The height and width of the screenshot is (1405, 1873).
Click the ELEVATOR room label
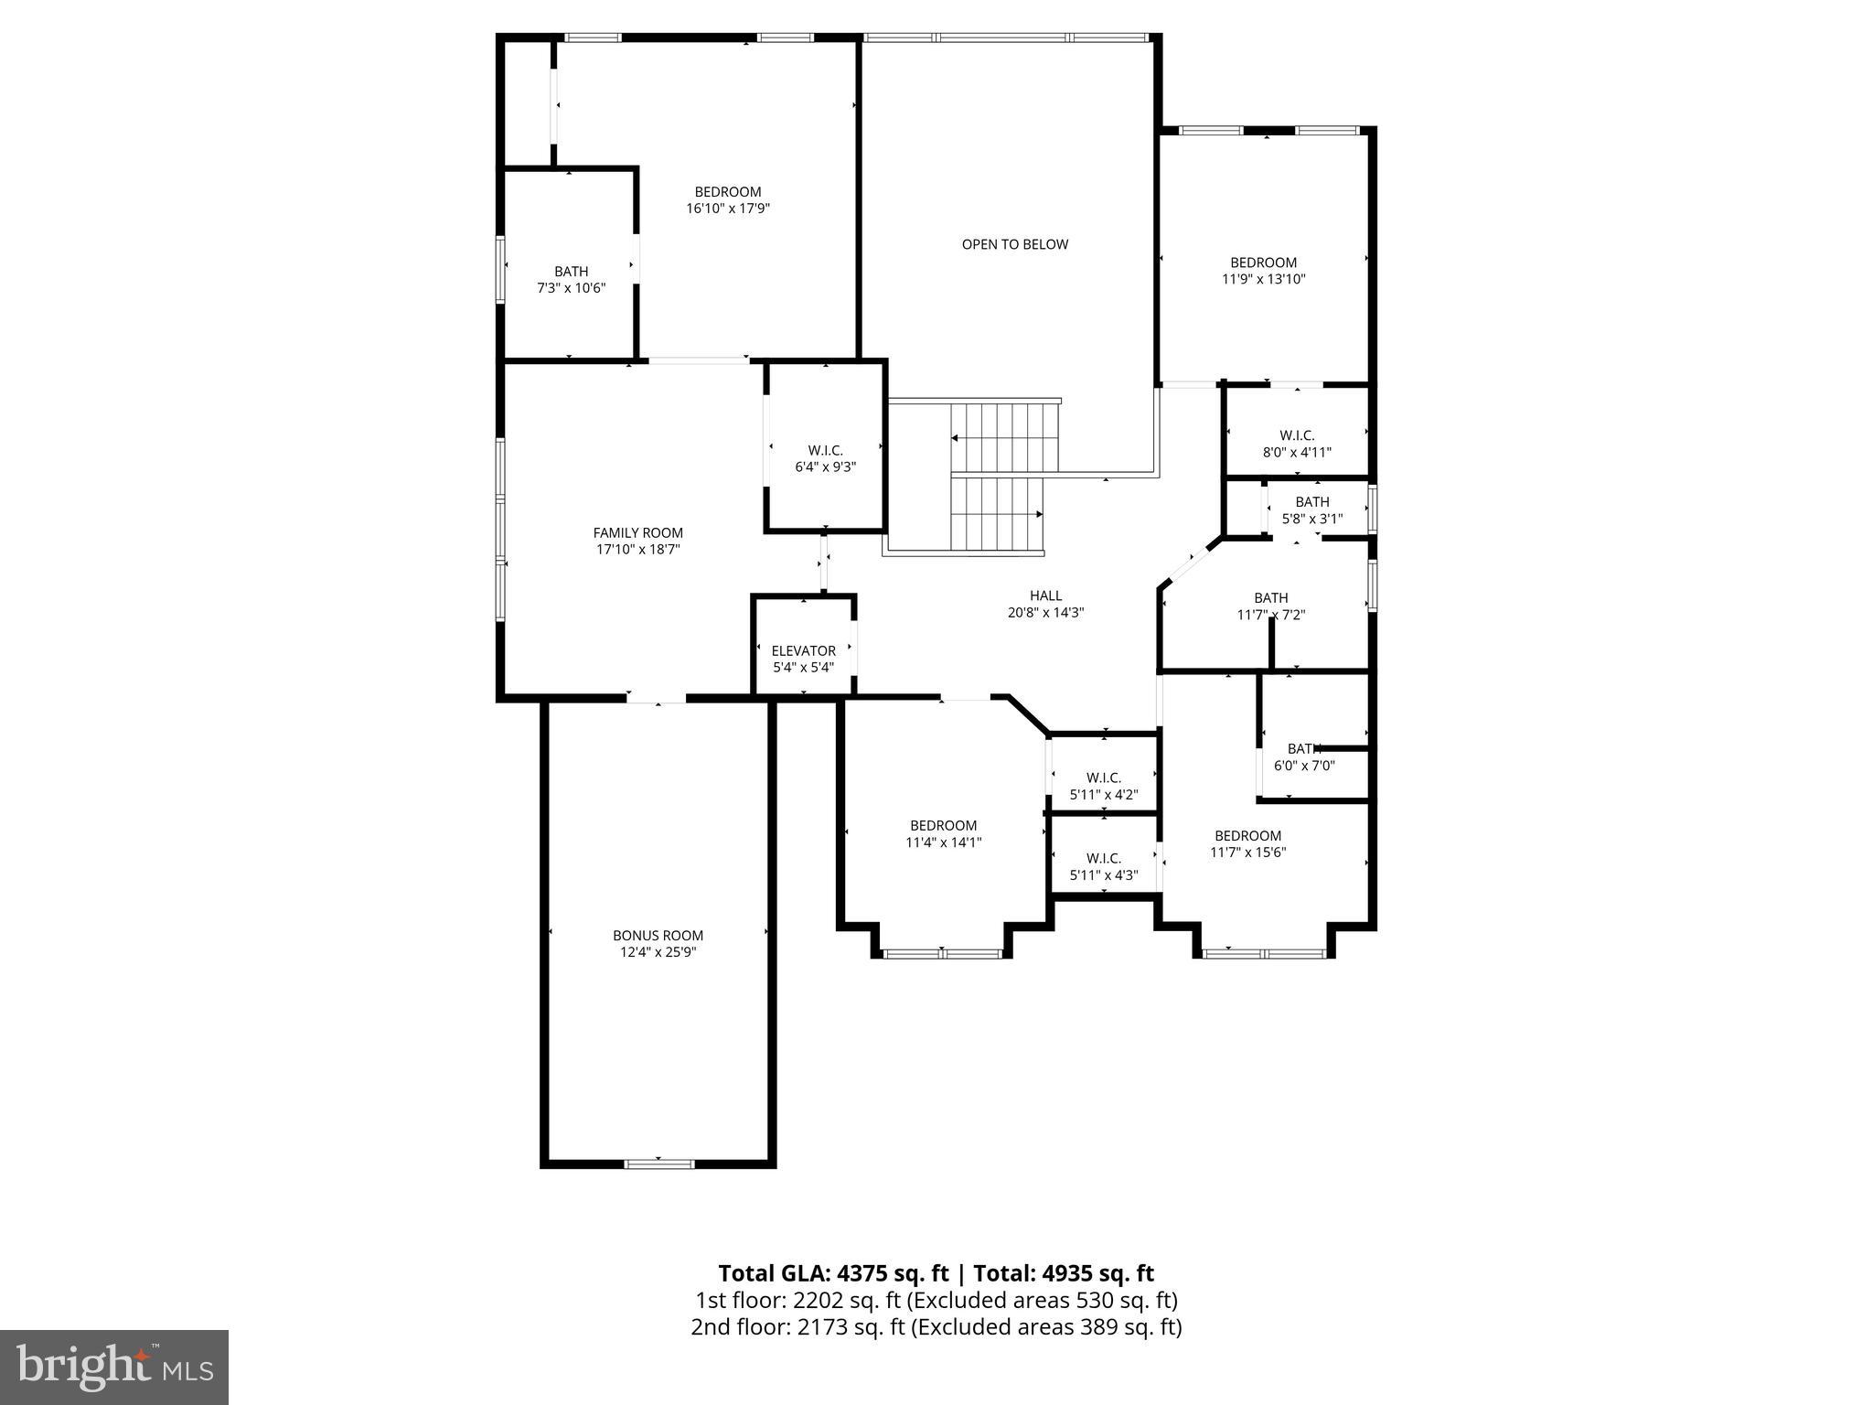(x=803, y=650)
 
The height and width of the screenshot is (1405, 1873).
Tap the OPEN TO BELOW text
(x=1014, y=244)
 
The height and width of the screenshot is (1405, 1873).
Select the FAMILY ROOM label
(x=637, y=532)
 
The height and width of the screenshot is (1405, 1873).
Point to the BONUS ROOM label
(x=658, y=935)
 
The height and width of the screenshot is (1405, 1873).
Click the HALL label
(x=1045, y=595)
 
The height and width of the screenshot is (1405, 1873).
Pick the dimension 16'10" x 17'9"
(x=728, y=209)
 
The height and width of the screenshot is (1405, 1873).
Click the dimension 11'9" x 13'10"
(x=1263, y=279)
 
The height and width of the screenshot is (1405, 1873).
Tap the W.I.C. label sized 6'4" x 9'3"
(x=825, y=450)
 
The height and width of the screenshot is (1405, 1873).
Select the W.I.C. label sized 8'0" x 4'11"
(x=1296, y=435)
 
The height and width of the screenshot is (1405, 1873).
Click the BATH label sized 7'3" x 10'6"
(x=571, y=271)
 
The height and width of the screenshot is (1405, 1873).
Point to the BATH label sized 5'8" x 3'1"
(x=1311, y=501)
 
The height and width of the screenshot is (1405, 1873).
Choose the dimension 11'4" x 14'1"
(x=943, y=842)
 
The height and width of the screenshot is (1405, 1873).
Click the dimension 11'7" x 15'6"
(x=1247, y=853)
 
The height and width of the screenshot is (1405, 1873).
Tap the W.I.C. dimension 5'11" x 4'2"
(x=1103, y=795)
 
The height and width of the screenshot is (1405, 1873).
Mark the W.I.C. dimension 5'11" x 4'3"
(x=1103, y=875)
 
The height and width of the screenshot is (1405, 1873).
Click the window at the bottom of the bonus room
(x=658, y=1164)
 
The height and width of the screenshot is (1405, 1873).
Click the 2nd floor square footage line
(x=936, y=1326)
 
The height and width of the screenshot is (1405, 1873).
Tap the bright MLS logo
(x=114, y=1367)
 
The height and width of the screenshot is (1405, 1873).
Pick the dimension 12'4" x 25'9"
(x=658, y=952)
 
